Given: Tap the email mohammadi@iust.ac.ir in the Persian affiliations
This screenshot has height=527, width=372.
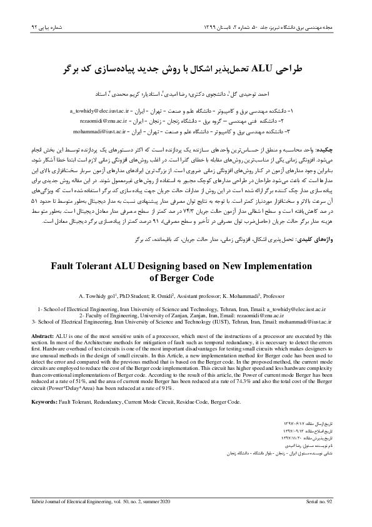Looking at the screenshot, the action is pyautogui.click(x=101, y=133).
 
